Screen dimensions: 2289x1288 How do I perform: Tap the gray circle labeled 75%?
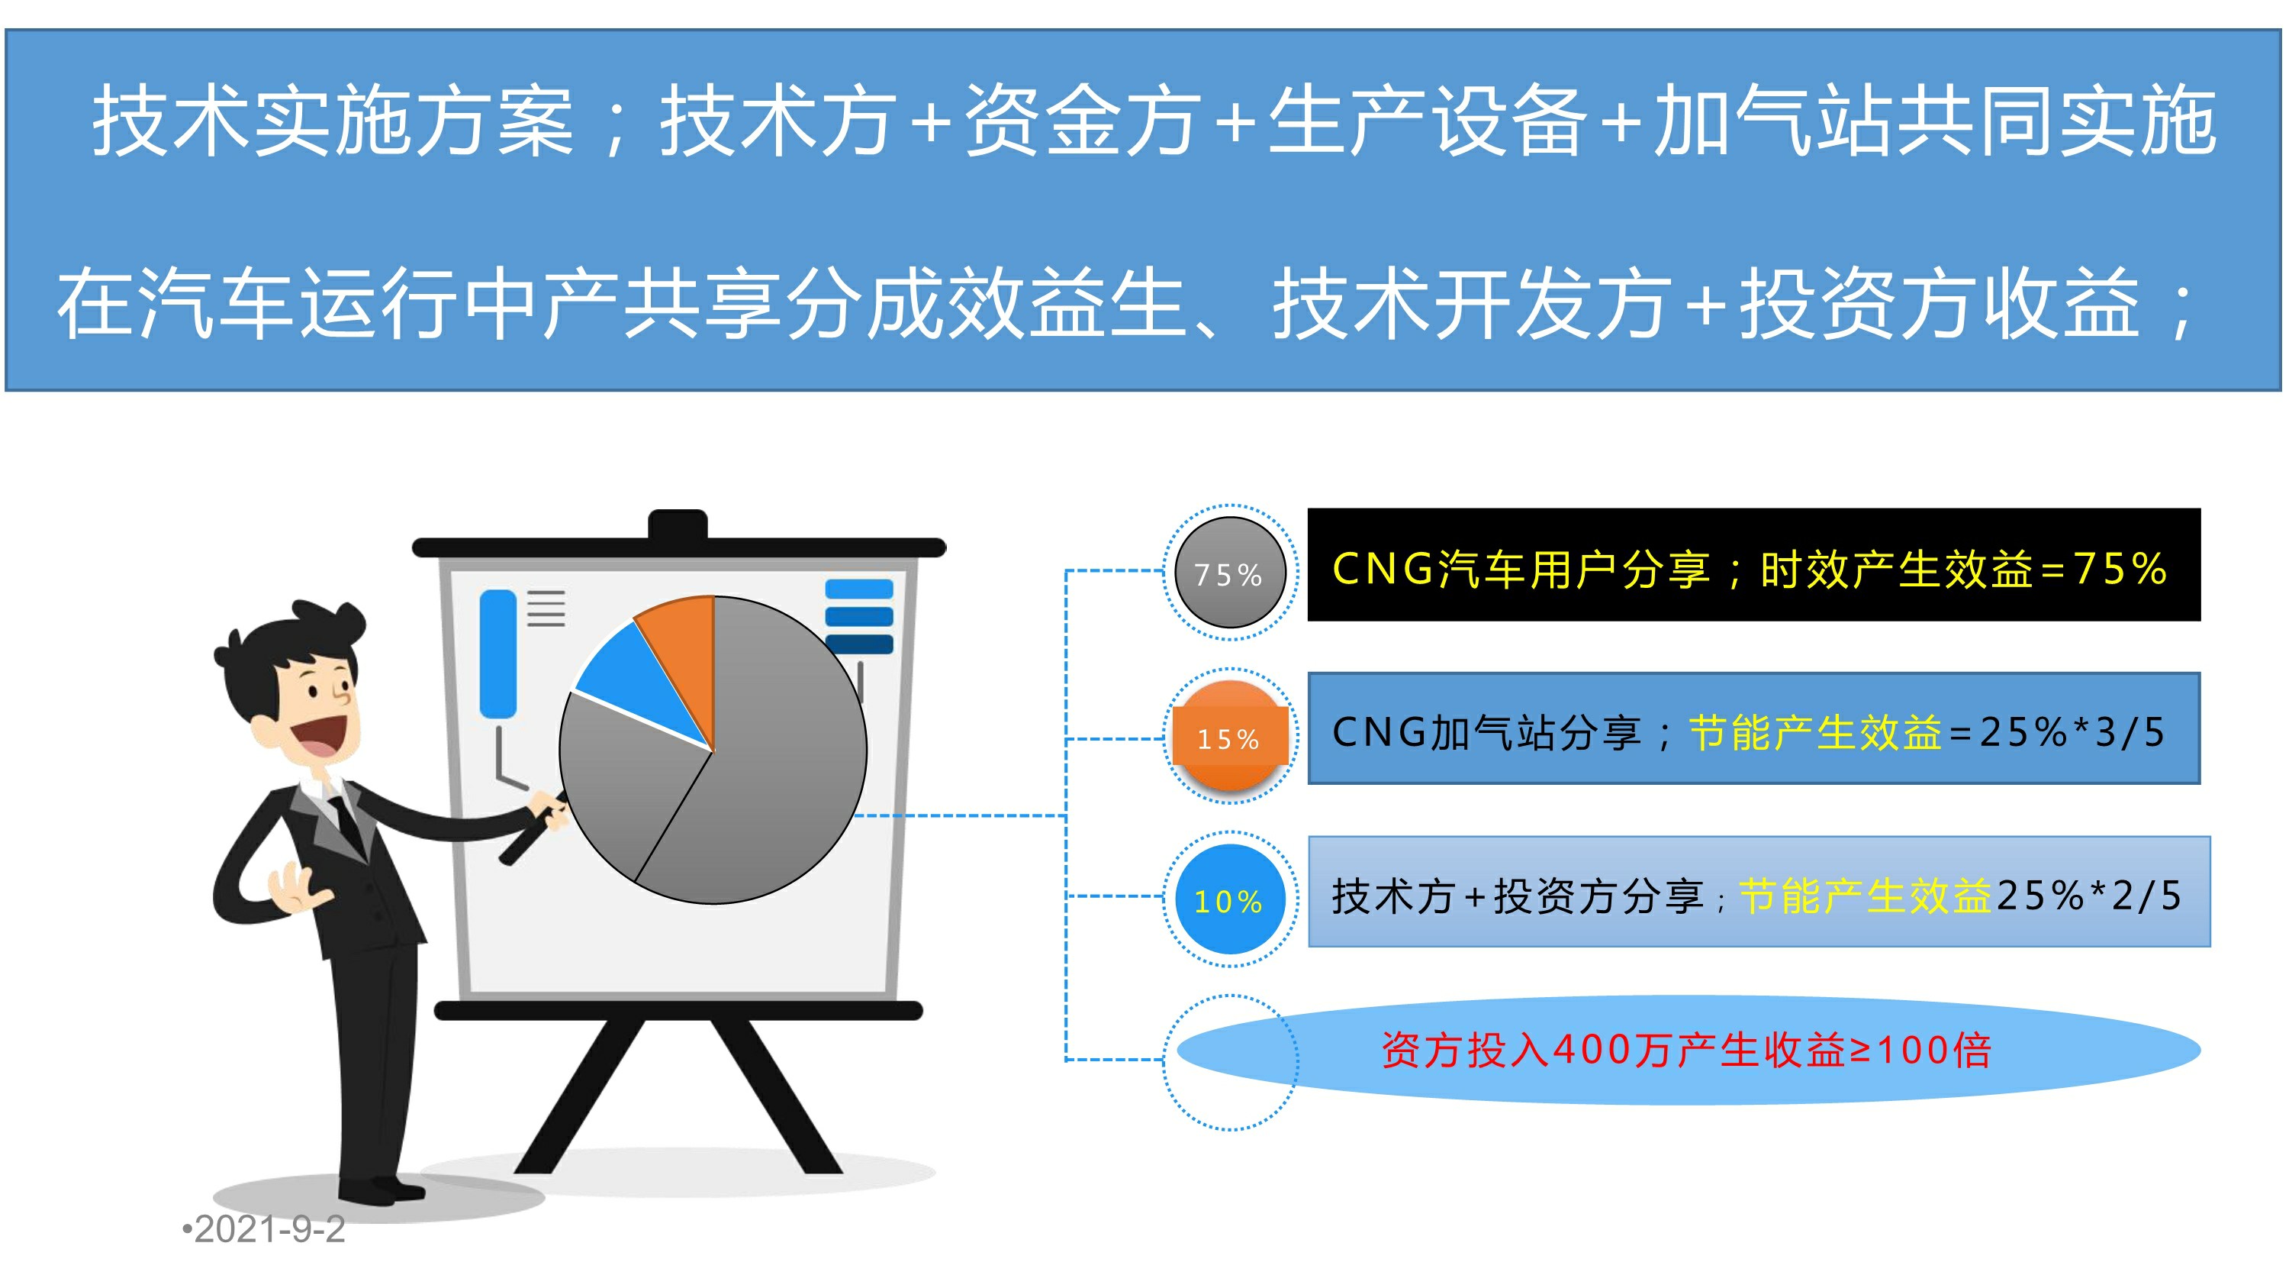1230,573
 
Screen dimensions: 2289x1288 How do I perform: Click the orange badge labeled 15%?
1230,737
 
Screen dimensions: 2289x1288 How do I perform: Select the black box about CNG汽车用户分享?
1753,565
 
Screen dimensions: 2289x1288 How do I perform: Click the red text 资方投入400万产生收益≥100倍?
1685,1050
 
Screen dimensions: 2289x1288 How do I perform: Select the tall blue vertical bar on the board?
497,654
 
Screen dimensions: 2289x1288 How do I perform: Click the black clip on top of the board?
678,525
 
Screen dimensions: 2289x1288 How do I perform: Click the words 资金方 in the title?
1082,121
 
